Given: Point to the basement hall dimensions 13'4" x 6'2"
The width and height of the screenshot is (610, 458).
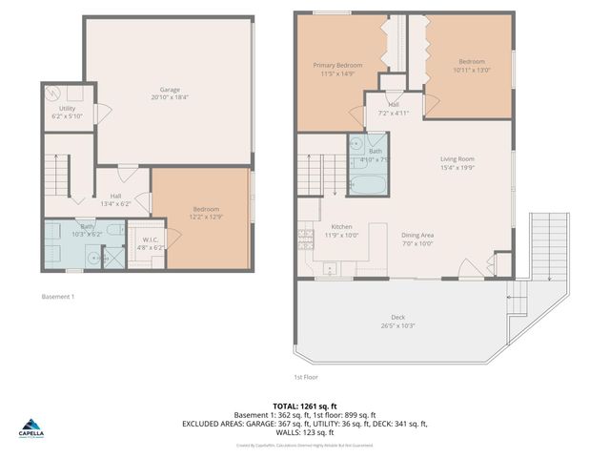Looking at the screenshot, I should point(114,202).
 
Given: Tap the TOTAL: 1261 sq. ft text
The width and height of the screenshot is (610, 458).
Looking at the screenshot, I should point(305,406).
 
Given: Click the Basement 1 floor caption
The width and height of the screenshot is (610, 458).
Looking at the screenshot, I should point(58,297).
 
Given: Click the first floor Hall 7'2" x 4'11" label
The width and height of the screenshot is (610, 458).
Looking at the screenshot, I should point(395,109).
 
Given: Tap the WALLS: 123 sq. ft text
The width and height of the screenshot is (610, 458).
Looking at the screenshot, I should point(305,432).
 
